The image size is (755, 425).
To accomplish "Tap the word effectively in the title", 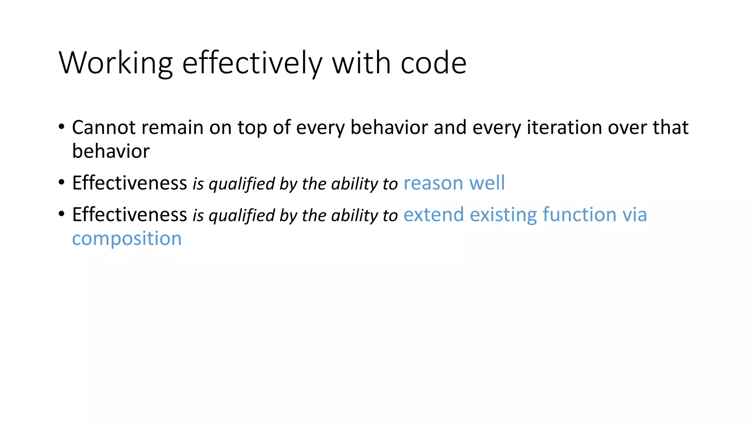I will point(252,63).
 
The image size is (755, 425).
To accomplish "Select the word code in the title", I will point(434,63).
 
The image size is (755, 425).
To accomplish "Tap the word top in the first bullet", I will point(252,128).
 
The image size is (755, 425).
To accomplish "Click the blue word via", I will point(635,215).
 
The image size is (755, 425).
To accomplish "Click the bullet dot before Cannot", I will point(62,127).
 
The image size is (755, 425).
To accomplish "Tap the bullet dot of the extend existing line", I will point(62,214).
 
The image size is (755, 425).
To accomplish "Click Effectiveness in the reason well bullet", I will point(130,183).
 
